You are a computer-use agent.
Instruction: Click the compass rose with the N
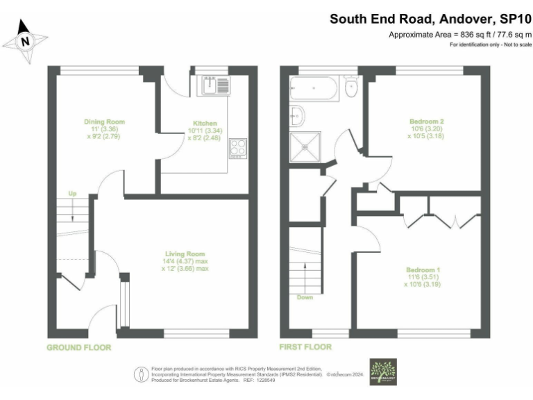coord(26,41)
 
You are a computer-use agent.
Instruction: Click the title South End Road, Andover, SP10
coord(430,18)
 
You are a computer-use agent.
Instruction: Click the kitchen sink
coord(212,85)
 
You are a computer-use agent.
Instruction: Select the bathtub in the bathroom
coord(316,89)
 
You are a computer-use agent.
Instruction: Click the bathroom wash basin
coord(298,115)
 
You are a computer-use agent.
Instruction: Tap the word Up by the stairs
coord(71,194)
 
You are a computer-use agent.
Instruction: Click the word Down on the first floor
coord(304,297)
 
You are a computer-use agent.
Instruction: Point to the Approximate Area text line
coord(460,34)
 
